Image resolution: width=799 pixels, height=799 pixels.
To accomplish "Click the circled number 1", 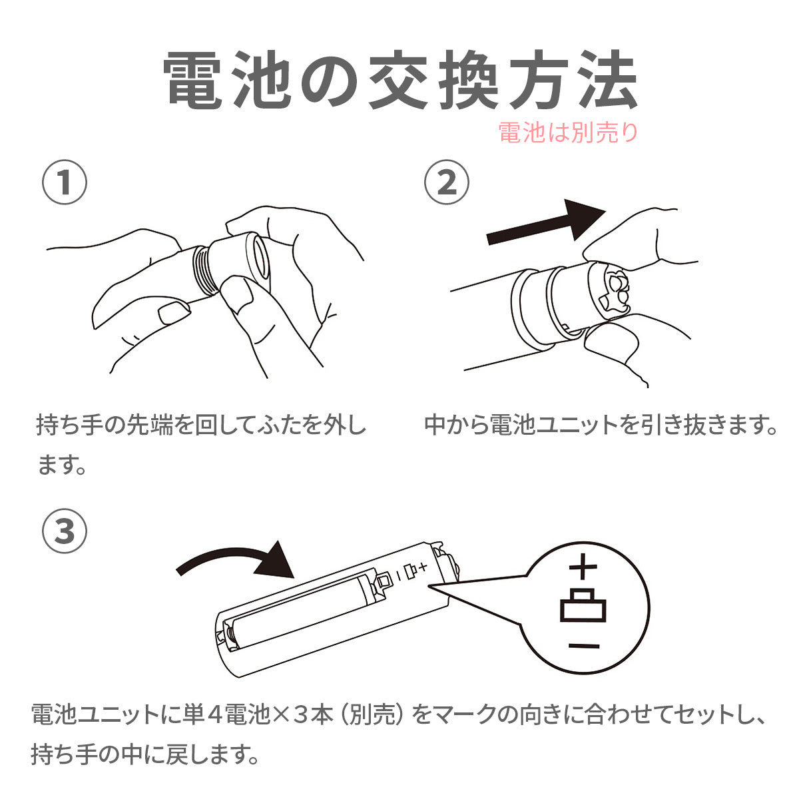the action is [65, 182].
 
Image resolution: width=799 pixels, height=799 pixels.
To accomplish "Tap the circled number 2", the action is [447, 182].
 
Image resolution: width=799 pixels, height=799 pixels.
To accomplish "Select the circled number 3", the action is [65, 531].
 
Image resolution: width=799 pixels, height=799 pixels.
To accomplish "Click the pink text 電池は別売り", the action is [568, 133].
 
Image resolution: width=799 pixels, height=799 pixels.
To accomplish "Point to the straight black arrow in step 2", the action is [546, 224].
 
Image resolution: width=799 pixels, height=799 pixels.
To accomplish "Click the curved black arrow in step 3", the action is [236, 561].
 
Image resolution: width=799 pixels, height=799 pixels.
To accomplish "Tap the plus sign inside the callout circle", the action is [583, 567].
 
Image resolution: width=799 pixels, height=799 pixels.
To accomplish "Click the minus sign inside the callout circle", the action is [584, 646].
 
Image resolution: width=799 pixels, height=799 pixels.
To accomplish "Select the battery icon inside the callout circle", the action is [583, 605].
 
